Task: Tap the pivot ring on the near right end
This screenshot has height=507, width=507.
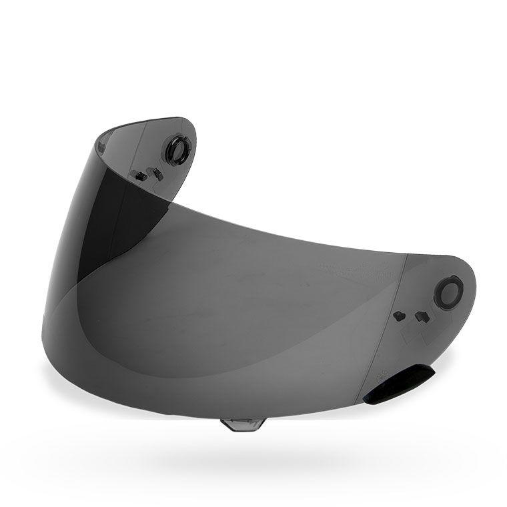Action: point(448,292)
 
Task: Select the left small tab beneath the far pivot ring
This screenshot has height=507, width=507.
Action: point(141,176)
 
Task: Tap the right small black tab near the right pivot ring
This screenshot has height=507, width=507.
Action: point(422,316)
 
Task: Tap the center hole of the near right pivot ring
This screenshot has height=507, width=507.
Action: point(448,292)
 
